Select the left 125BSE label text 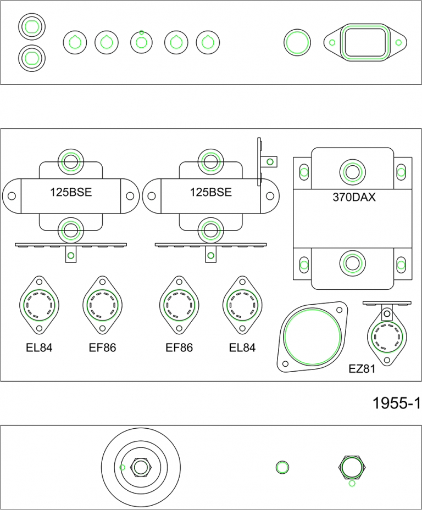(70, 193)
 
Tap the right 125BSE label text (210, 193)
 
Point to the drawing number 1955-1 (396, 403)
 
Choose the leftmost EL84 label (38, 348)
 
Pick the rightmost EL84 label (242, 348)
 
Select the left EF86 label (102, 348)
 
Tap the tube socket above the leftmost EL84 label (40, 304)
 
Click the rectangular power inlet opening (365, 42)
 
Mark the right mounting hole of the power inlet (399, 42)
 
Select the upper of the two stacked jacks (31, 26)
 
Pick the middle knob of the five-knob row (141, 42)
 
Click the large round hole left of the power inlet (297, 42)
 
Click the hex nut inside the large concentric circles (141, 467)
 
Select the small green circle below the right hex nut (352, 483)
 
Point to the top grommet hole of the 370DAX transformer (352, 172)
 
